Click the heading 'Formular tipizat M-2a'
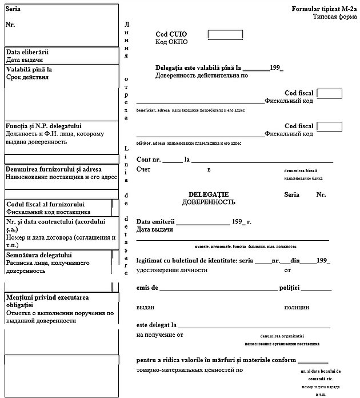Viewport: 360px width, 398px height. [323, 9]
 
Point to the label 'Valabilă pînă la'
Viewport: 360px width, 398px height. [29, 69]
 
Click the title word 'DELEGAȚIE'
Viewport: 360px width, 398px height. [209, 194]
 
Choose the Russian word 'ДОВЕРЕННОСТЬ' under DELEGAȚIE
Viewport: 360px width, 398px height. [209, 202]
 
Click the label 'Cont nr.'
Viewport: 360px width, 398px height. [149, 160]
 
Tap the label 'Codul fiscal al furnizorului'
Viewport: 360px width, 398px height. [45, 204]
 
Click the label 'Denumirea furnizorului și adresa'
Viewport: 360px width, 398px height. [54, 169]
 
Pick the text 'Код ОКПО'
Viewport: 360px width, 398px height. [171, 42]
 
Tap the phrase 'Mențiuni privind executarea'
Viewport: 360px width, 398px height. [50, 297]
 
